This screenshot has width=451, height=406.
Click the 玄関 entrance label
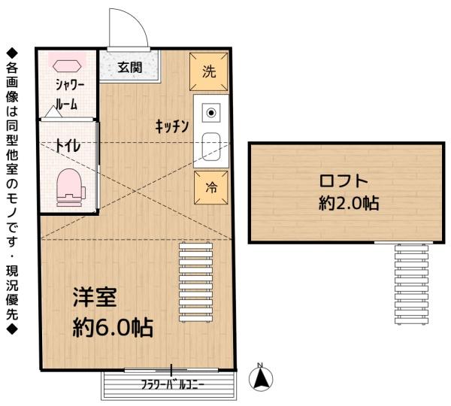(130, 68)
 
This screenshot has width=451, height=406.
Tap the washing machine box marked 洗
(208, 72)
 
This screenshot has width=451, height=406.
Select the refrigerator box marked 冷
(211, 188)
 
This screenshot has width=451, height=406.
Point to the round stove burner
(211, 113)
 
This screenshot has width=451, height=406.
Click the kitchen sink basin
(211, 147)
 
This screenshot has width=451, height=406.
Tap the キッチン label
(171, 126)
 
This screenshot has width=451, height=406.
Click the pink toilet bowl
(70, 188)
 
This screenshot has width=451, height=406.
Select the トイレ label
(68, 146)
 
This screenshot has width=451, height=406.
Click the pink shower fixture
(66, 65)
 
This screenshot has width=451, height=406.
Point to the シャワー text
(70, 85)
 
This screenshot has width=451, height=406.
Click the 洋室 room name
(95, 297)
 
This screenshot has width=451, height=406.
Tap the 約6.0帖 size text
(113, 327)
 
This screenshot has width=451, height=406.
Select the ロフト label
(344, 181)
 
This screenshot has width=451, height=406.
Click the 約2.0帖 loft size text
(349, 203)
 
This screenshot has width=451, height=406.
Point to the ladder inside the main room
(196, 282)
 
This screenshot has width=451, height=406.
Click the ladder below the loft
(411, 284)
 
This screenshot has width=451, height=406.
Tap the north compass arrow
(261, 378)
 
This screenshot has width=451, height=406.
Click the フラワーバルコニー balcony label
(172, 385)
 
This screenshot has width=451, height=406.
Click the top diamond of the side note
(12, 52)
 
